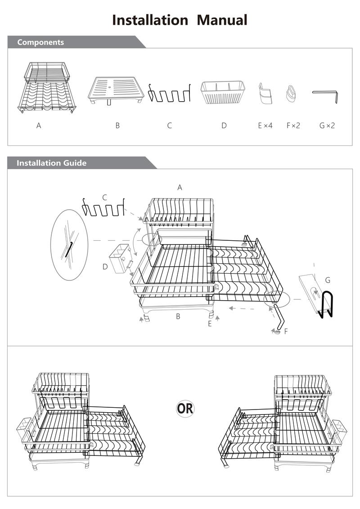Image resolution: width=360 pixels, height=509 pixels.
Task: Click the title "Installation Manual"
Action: (x=180, y=20)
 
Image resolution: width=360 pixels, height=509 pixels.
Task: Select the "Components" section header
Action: (x=40, y=42)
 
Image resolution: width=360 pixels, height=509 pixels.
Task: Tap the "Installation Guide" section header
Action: (x=51, y=163)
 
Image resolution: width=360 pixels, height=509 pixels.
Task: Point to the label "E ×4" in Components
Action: (x=265, y=126)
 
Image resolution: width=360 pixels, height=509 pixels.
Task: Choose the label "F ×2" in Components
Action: (x=293, y=126)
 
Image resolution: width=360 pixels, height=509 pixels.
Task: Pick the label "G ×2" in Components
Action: (x=327, y=126)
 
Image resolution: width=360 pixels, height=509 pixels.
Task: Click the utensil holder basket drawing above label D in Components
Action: (x=222, y=92)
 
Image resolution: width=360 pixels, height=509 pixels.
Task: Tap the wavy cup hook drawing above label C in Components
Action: (x=170, y=93)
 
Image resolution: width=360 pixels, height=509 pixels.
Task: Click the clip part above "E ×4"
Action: (x=265, y=93)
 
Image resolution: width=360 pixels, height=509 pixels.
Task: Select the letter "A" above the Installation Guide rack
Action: (x=180, y=187)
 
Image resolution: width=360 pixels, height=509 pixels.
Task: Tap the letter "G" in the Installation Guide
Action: (x=328, y=280)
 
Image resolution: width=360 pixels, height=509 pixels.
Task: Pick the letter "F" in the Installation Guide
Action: (x=286, y=332)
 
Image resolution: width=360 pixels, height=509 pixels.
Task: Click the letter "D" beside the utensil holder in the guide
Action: (x=105, y=267)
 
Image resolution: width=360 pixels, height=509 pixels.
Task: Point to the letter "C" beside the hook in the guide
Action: (x=104, y=197)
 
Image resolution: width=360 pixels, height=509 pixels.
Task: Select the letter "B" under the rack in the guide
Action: (x=178, y=316)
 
